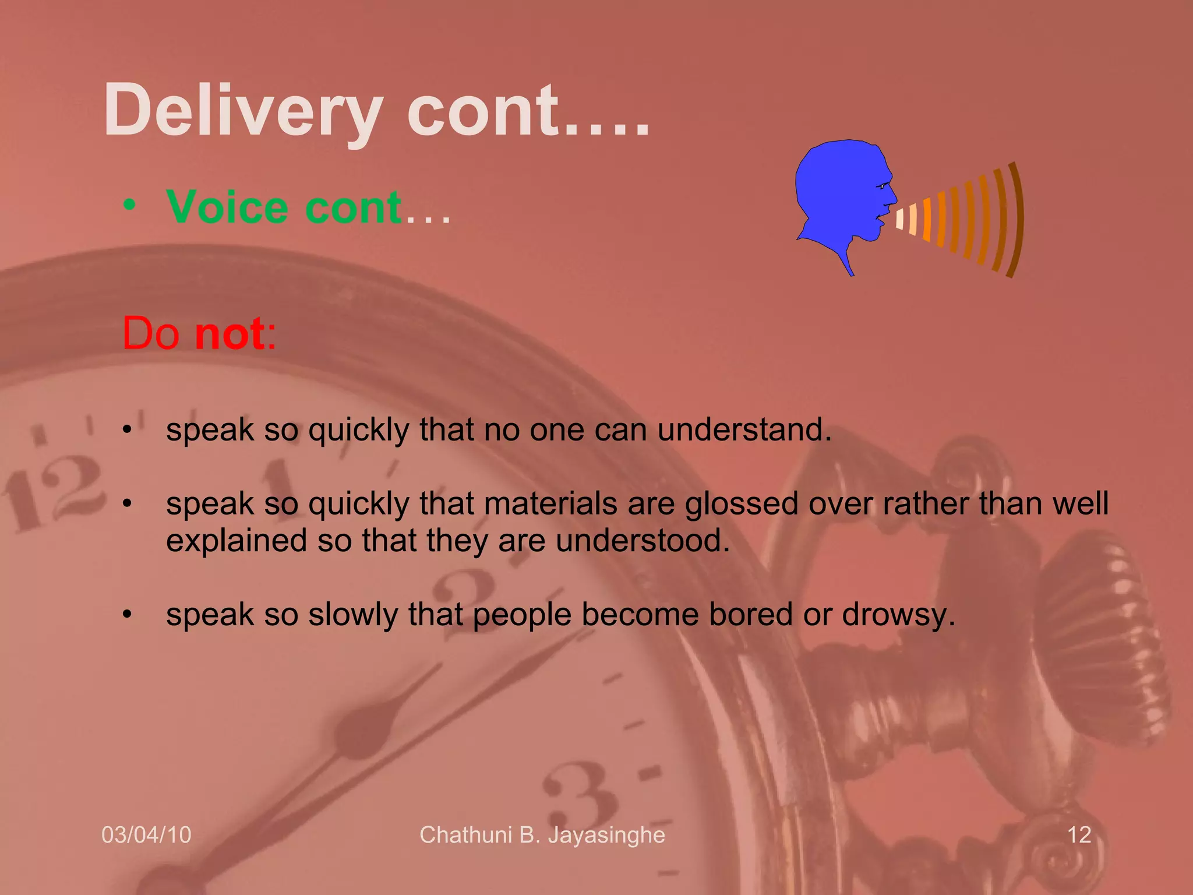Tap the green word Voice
(227, 207)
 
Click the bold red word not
(231, 333)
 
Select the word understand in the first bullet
(744, 430)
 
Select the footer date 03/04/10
(146, 835)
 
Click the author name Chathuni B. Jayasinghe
(542, 835)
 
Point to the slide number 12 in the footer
(1079, 835)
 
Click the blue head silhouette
(839, 192)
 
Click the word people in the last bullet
(522, 615)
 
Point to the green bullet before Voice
(129, 205)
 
